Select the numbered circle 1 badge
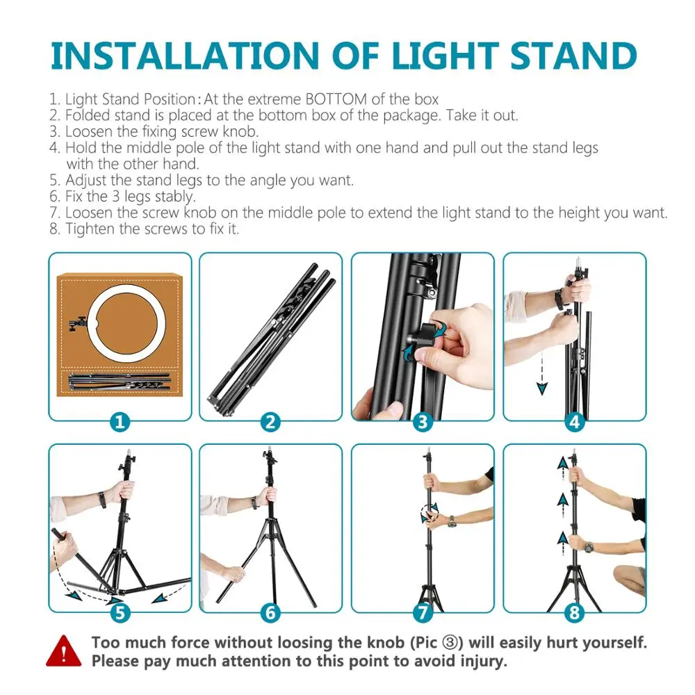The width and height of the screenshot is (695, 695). click(x=120, y=422)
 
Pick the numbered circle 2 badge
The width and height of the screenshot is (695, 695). click(x=271, y=422)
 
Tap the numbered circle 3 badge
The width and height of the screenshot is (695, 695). click(x=423, y=422)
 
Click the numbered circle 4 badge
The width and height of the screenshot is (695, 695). click(x=574, y=422)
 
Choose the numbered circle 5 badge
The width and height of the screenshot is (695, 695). click(x=120, y=613)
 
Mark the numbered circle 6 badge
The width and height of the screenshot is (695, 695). click(x=271, y=613)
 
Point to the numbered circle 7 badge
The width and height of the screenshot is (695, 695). click(x=423, y=613)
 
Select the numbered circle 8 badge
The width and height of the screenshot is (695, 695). click(x=574, y=613)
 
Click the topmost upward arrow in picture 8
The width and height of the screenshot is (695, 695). click(x=561, y=464)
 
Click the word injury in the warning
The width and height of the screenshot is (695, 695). click(x=480, y=661)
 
